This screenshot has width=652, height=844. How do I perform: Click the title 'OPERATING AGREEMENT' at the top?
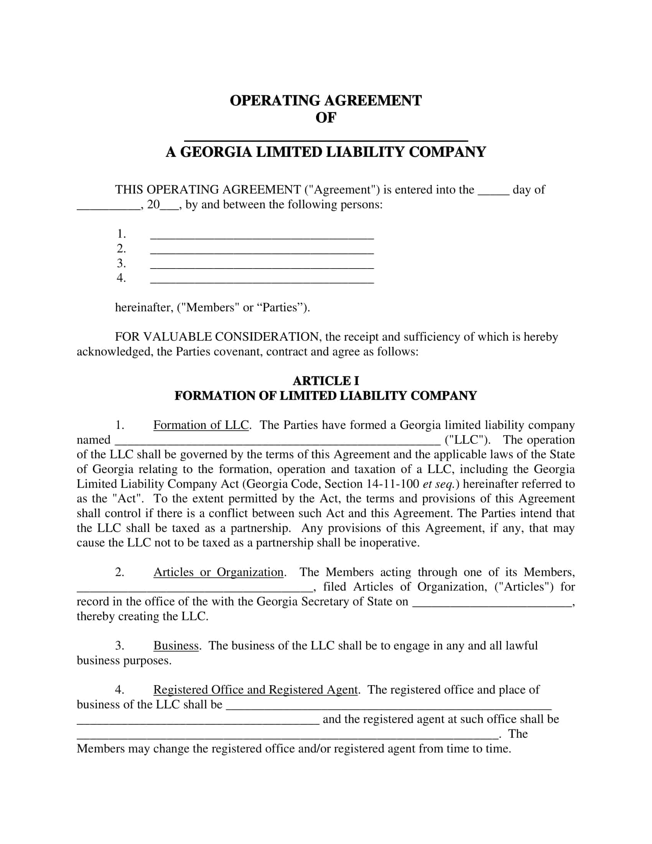[326, 101]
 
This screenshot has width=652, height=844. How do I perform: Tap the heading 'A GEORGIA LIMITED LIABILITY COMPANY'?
[326, 152]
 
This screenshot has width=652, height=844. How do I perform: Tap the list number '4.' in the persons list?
[121, 278]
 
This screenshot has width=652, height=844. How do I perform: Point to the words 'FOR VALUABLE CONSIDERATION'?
[217, 337]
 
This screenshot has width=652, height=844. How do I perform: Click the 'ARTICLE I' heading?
[326, 381]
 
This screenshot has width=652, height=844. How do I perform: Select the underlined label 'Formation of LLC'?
[201, 425]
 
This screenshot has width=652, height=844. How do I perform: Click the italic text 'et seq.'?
[438, 484]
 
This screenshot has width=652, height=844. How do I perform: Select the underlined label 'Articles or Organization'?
[219, 572]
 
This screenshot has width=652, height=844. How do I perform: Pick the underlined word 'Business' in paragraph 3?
[176, 645]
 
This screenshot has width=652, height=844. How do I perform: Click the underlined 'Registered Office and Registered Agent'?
[256, 690]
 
